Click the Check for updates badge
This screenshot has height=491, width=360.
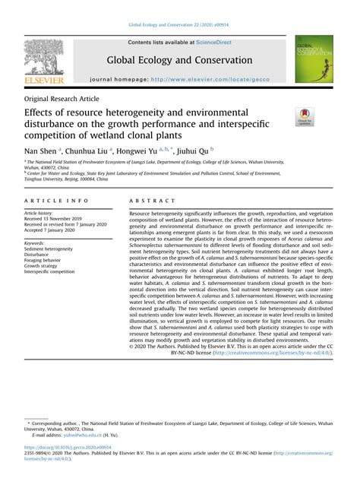[305, 116]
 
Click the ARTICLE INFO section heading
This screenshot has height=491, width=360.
[50, 199]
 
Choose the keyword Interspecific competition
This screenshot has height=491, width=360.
[50, 271]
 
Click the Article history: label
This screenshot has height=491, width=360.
[40, 214]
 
